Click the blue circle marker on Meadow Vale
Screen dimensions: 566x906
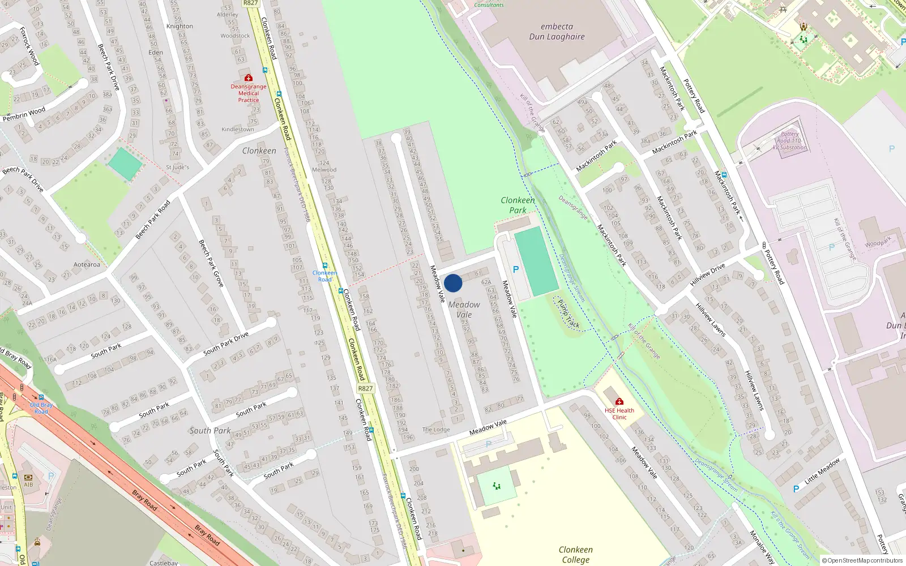pyautogui.click(x=453, y=283)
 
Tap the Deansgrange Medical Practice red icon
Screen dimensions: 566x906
pyautogui.click(x=248, y=78)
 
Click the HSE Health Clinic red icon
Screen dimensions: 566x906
pyautogui.click(x=619, y=401)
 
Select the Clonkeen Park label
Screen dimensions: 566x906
pyautogui.click(x=518, y=205)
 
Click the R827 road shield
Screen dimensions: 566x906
pyautogui.click(x=365, y=388)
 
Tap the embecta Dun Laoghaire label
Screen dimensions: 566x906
pyautogui.click(x=557, y=32)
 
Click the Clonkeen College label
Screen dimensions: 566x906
pyautogui.click(x=575, y=555)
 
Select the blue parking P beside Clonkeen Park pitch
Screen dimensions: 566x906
pyautogui.click(x=515, y=269)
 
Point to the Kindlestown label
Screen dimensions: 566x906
pyautogui.click(x=238, y=130)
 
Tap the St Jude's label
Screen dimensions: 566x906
pyautogui.click(x=177, y=168)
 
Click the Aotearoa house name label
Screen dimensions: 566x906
pyautogui.click(x=87, y=264)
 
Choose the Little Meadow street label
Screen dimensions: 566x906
pyautogui.click(x=822, y=471)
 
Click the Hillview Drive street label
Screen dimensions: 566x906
pyautogui.click(x=707, y=275)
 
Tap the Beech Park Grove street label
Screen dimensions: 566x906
pyautogui.click(x=211, y=263)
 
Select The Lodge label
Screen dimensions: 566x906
pyautogui.click(x=436, y=430)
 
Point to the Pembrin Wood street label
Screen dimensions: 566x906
pyautogui.click(x=24, y=114)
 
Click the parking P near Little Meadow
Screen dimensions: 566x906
pyautogui.click(x=796, y=489)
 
